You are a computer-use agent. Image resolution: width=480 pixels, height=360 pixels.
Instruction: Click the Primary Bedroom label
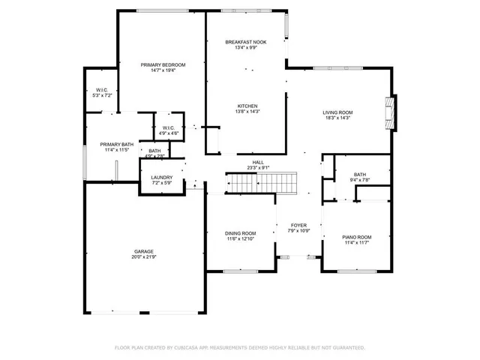(163, 65)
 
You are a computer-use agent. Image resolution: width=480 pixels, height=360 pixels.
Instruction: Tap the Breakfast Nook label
(247, 42)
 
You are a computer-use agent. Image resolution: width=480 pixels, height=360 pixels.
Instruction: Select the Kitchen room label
(247, 106)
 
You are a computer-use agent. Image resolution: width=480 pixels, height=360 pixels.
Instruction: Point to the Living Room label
(337, 112)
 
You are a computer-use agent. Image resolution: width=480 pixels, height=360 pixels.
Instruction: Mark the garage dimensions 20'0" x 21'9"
(144, 258)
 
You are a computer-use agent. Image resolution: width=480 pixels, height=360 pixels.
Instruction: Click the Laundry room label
(162, 177)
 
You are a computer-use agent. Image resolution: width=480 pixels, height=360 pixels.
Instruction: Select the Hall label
(258, 162)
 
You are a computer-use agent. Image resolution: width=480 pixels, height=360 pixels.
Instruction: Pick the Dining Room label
(240, 232)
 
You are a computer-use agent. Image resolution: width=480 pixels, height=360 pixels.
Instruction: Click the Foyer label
(299, 225)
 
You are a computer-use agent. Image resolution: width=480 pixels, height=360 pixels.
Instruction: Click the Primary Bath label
(116, 144)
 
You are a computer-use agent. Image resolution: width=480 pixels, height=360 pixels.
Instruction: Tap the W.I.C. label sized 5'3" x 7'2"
(102, 90)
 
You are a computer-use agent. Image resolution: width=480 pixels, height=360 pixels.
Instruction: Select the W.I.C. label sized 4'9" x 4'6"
(168, 127)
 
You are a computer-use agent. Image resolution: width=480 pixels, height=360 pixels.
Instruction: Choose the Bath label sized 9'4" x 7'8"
(360, 174)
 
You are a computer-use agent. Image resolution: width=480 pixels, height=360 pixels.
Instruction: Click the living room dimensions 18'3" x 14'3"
(337, 118)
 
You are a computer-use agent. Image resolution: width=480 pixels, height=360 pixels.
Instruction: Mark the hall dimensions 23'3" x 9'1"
(258, 168)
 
